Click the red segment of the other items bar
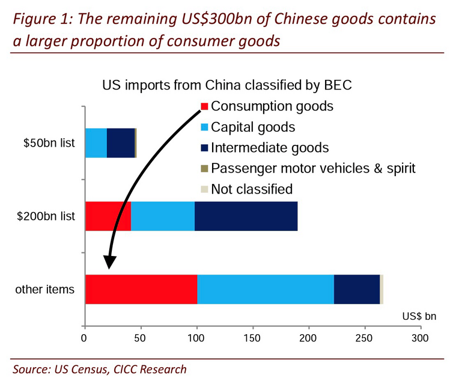tap(141, 289)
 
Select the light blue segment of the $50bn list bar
tap(96, 142)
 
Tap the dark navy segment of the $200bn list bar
tap(246, 216)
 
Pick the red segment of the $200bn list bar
tap(108, 216)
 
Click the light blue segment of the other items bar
tap(265, 289)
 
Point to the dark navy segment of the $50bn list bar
tap(121, 142)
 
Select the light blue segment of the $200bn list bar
tap(162, 216)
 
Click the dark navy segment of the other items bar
tap(357, 289)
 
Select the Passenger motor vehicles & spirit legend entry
tap(306, 168)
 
